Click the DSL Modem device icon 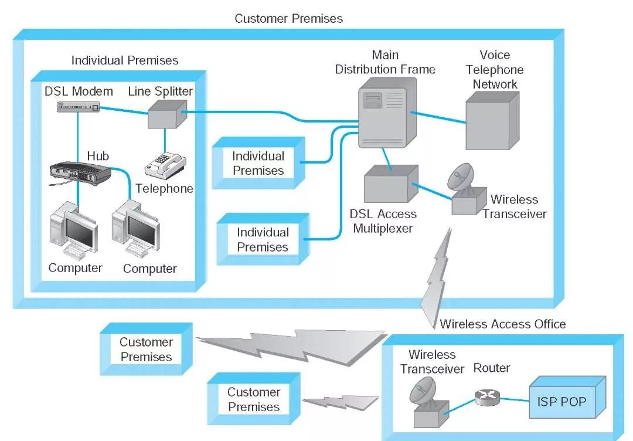(x=78, y=106)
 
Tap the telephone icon (x=165, y=165)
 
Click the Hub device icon (x=80, y=171)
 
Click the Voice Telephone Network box (x=492, y=122)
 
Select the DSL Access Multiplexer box (x=390, y=184)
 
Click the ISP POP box (x=566, y=402)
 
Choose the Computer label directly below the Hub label (x=75, y=268)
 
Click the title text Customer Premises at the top (x=288, y=19)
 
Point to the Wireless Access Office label (x=503, y=324)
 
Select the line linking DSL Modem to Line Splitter (x=123, y=109)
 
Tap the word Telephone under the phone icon (x=164, y=189)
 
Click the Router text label (x=491, y=368)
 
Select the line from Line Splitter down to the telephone (x=165, y=140)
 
